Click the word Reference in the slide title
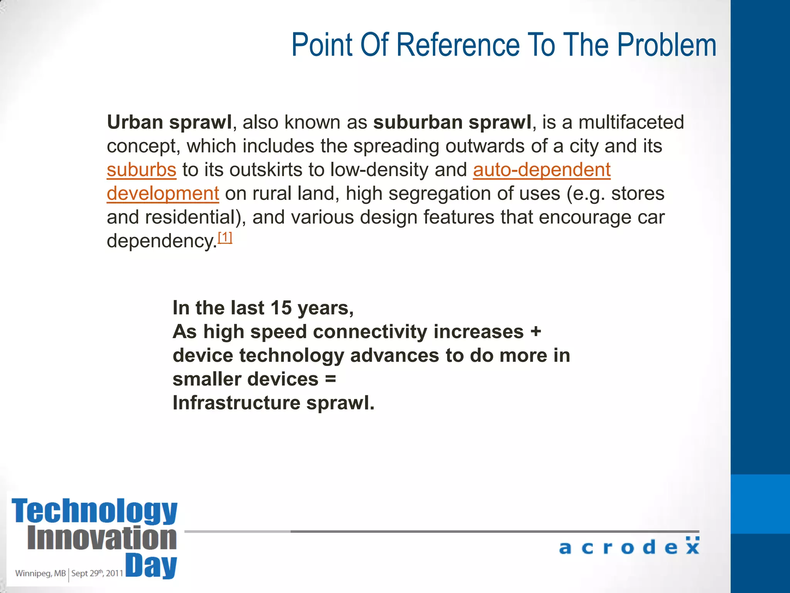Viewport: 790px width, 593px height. coord(458,45)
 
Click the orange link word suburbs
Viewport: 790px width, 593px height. coord(142,170)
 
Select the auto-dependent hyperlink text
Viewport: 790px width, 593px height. coord(542,170)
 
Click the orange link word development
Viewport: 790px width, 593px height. coord(163,193)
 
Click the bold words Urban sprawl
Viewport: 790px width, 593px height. coord(169,122)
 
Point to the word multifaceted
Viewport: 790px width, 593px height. coord(631,122)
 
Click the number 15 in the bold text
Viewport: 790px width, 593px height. coord(281,308)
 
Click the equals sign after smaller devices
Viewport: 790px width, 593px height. coord(331,379)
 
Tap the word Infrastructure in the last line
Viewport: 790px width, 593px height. coord(236,403)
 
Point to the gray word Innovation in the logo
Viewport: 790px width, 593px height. coord(102,538)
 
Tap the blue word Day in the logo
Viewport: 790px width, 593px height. coord(151,566)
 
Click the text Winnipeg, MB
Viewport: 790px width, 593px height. coord(41,573)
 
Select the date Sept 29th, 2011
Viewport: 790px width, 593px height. coord(97,573)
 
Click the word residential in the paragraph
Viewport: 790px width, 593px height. coord(190,217)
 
